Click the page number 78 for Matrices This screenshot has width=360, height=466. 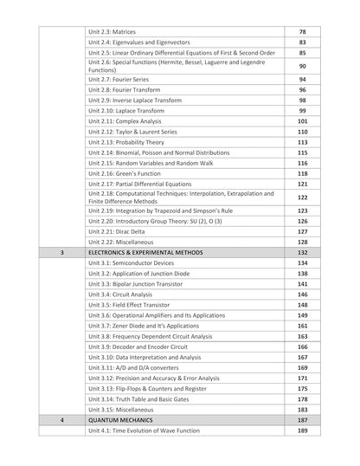point(302,31)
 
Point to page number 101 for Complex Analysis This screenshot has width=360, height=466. point(302,121)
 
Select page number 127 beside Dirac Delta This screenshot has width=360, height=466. point(302,231)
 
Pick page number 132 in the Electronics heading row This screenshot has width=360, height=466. point(302,252)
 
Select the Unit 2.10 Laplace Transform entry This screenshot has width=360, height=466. point(127,111)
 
